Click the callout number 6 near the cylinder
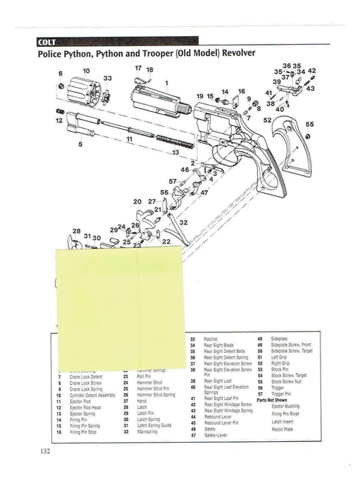(x=59, y=73)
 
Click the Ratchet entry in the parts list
(x=211, y=339)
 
